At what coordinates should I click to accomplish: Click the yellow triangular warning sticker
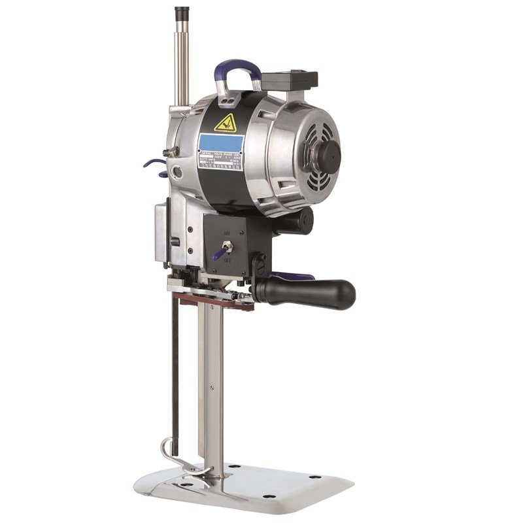click(x=226, y=123)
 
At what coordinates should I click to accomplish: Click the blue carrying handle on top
click(x=237, y=67)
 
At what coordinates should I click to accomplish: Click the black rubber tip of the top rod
click(x=182, y=12)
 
